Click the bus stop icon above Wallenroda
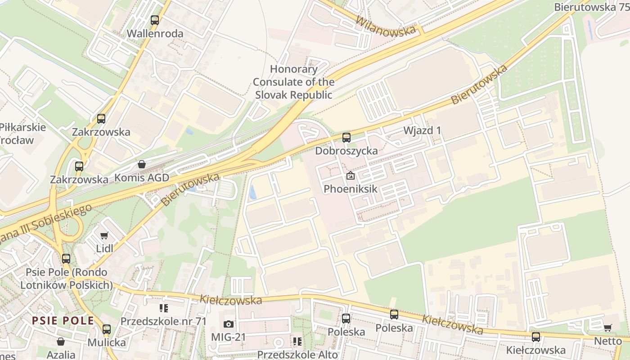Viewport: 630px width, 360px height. pyautogui.click(x=155, y=20)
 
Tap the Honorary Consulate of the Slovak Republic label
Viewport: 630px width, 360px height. pyautogui.click(x=293, y=82)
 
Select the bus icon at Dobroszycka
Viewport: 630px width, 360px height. pyautogui.click(x=346, y=138)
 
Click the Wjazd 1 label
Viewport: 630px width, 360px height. pyautogui.click(x=422, y=130)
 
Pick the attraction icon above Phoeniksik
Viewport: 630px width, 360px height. pyautogui.click(x=350, y=176)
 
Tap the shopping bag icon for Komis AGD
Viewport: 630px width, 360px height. pyautogui.click(x=142, y=164)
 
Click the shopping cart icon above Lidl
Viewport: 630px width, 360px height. pyautogui.click(x=104, y=235)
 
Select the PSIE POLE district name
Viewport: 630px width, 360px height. pyautogui.click(x=63, y=321)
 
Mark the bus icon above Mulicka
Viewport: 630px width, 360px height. pyautogui.click(x=107, y=329)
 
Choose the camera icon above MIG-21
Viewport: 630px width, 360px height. pyautogui.click(x=229, y=324)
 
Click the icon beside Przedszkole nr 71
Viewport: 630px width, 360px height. pyautogui.click(x=163, y=308)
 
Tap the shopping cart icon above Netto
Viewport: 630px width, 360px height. pyautogui.click(x=607, y=328)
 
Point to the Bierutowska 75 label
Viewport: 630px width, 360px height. pyautogui.click(x=591, y=7)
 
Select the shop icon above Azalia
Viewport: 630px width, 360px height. pyautogui.click(x=60, y=342)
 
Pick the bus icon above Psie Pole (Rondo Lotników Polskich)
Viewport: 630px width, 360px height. pyautogui.click(x=66, y=259)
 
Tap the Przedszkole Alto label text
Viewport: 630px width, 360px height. pyautogui.click(x=297, y=355)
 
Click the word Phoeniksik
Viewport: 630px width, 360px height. pyautogui.click(x=351, y=189)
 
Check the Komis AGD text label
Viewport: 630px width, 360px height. pyautogui.click(x=142, y=178)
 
